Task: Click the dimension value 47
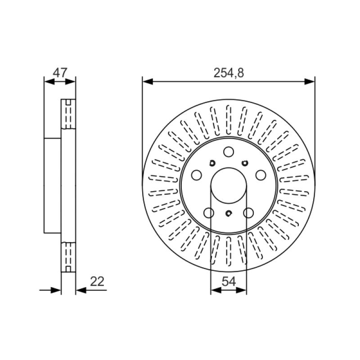(60, 72)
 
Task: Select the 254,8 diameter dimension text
(229, 73)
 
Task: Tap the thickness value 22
(97, 282)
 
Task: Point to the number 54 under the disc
(229, 282)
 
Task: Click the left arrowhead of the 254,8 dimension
(148, 81)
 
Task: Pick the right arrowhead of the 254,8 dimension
(310, 81)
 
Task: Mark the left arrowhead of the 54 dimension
(216, 290)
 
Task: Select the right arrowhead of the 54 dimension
(241, 290)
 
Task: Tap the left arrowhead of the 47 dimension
(49, 81)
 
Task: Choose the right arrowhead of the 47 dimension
(70, 81)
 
